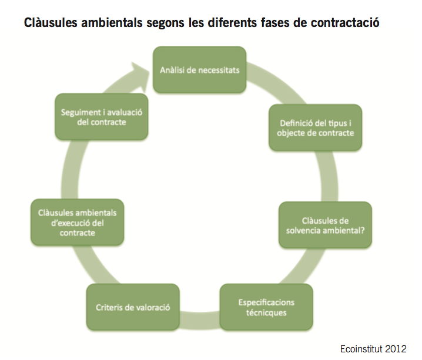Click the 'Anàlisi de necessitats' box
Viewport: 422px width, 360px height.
tap(199, 70)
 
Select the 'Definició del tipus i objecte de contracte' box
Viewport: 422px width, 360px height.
tap(315, 127)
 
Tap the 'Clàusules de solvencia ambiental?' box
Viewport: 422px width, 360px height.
tap(325, 225)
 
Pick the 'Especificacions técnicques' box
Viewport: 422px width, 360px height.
tap(266, 307)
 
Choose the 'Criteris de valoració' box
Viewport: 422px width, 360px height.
tap(133, 307)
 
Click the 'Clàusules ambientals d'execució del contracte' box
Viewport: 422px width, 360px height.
tap(77, 223)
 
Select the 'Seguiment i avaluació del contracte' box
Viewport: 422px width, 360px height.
tap(102, 117)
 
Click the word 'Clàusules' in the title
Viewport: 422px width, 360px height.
tap(51, 22)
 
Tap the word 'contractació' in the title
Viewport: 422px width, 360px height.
tap(345, 22)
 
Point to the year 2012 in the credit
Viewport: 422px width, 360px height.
tap(396, 349)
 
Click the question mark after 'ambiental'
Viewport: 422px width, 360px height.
tap(363, 230)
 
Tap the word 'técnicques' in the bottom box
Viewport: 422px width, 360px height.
tap(266, 312)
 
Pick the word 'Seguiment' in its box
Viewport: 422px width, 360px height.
tap(77, 112)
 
